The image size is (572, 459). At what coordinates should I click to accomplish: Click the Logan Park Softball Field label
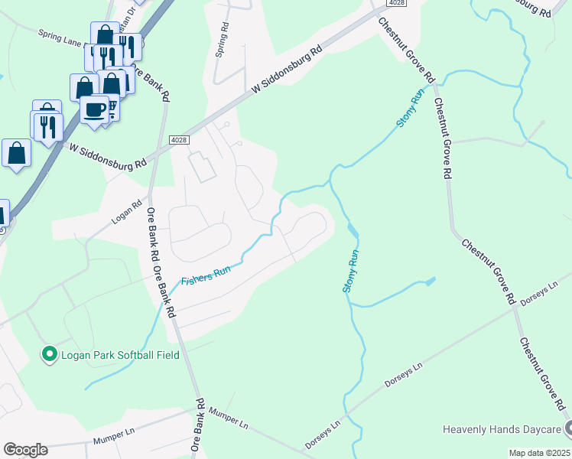point(121,354)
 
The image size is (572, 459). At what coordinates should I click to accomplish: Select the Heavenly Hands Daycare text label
point(502,429)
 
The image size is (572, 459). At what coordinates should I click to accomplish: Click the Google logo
point(25,450)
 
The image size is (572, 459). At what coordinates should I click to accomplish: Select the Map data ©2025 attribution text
point(539,453)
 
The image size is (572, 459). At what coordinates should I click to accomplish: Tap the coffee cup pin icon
point(95,109)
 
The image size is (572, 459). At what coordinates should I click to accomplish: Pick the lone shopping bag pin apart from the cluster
point(16,153)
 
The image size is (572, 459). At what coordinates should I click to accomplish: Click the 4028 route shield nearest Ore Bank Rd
point(178,138)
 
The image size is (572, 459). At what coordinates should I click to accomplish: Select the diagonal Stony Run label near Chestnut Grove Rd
point(409,109)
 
